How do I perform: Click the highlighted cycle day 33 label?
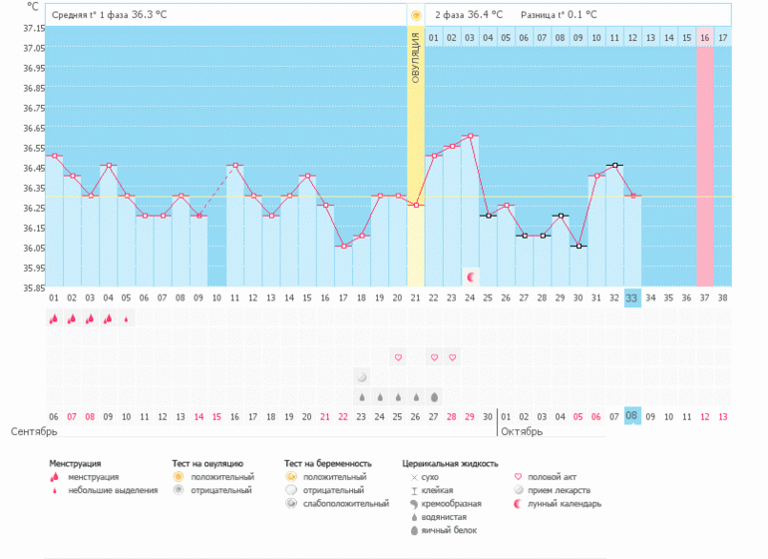point(632,297)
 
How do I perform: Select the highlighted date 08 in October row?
point(632,416)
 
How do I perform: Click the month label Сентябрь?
point(33,432)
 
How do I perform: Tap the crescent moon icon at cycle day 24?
point(471,275)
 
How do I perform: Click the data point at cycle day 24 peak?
point(470,136)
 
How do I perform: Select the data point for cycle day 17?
point(343,246)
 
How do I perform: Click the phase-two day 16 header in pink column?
point(705,38)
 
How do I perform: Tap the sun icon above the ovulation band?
point(416,15)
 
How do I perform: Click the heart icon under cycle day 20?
point(398,356)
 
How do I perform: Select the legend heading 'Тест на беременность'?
point(327,464)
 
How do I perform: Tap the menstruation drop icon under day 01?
point(54,318)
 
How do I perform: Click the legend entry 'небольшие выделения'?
point(113,490)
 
